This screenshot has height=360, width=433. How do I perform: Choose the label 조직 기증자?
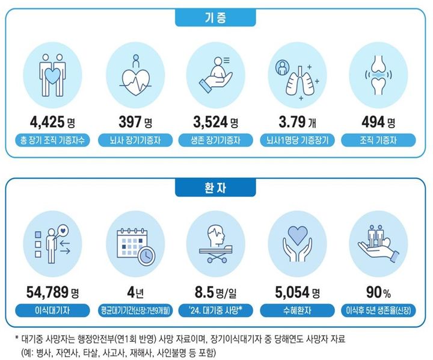coord(378,142)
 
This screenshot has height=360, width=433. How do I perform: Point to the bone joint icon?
coord(378,75)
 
